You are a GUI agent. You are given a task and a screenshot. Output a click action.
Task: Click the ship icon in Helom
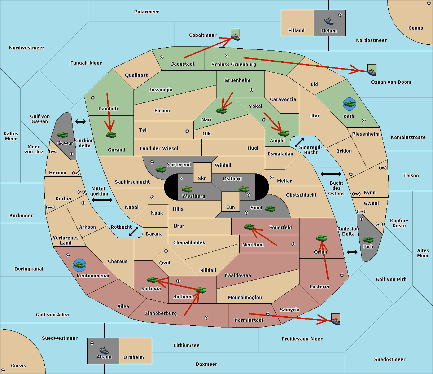coord(329,21)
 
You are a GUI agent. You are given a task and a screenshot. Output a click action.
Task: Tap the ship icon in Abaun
coord(104,350)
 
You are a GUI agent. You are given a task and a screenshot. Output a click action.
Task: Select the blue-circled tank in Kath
coord(349,104)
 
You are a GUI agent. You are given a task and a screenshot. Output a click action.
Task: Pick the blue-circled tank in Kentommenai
coord(79,265)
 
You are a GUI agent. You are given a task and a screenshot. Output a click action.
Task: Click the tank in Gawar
coord(63,135)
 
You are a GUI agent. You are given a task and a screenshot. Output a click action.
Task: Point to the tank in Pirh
coord(368,240)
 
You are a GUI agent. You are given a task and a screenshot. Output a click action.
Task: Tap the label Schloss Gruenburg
coord(233,65)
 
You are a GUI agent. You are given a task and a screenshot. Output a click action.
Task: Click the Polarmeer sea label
coord(146,12)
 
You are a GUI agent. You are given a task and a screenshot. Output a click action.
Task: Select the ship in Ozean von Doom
coord(372,71)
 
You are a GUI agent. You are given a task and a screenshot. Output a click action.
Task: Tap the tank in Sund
coord(270,208)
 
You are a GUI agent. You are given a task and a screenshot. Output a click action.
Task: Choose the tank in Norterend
coord(161,169)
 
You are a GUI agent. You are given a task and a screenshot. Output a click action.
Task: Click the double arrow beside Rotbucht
coord(134,231)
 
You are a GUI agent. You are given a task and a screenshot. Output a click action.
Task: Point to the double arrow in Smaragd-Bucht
coord(299,142)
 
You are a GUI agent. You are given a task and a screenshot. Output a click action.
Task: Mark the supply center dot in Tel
coord(187,131)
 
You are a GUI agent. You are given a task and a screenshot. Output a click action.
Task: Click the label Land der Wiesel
coord(159,148)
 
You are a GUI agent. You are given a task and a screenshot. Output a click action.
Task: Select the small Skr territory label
coord(202,178)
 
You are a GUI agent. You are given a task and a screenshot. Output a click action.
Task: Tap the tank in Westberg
coord(187,189)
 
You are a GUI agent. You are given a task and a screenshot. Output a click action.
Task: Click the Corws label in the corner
coord(18,365)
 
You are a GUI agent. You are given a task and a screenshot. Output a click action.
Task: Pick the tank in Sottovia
coord(153,280)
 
